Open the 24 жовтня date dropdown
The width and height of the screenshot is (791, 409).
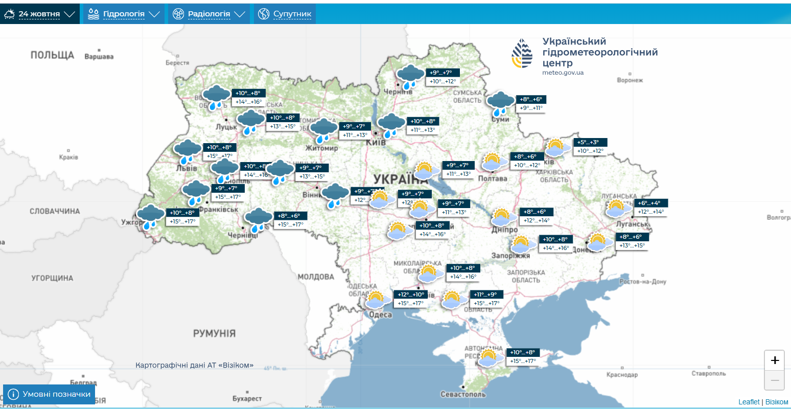(39, 14)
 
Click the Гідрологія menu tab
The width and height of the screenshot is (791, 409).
(124, 14)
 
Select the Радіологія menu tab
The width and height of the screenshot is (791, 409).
(208, 14)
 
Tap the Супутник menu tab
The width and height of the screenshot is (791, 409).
(285, 14)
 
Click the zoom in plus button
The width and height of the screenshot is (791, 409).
(775, 360)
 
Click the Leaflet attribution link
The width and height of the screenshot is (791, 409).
(749, 402)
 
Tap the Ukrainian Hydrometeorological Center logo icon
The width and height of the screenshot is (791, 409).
(522, 53)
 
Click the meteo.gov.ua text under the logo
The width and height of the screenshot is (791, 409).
(563, 73)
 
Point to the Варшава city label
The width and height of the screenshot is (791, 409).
(99, 57)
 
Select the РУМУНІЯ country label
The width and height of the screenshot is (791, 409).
(214, 333)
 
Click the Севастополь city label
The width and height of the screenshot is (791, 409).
(463, 394)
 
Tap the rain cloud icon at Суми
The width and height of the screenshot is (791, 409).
(500, 103)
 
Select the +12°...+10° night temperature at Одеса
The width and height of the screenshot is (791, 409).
(411, 294)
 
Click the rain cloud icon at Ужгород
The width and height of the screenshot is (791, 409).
(150, 216)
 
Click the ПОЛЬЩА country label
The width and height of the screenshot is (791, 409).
(52, 55)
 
